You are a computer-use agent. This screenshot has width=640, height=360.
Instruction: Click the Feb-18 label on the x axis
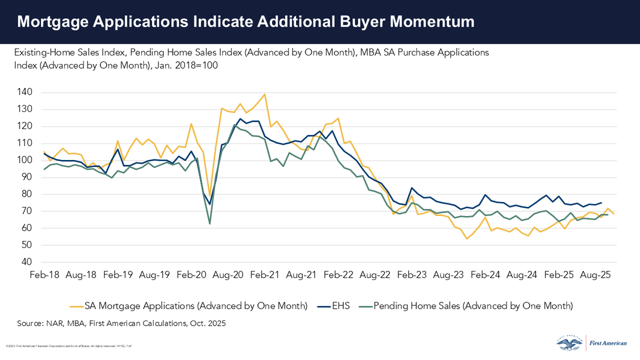click(44, 276)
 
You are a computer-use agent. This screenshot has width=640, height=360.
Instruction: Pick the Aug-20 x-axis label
click(228, 276)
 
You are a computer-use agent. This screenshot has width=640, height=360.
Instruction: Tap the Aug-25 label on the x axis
click(596, 276)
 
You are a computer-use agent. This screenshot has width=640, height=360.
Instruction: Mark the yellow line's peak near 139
click(265, 94)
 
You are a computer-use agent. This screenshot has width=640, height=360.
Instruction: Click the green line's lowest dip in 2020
click(210, 223)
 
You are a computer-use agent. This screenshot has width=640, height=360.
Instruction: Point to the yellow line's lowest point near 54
click(467, 238)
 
